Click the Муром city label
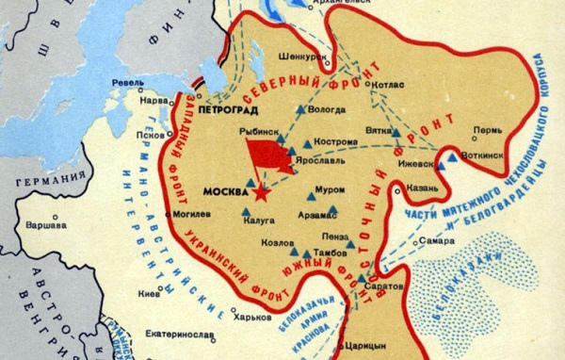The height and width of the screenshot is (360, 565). click(x=331, y=188)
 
